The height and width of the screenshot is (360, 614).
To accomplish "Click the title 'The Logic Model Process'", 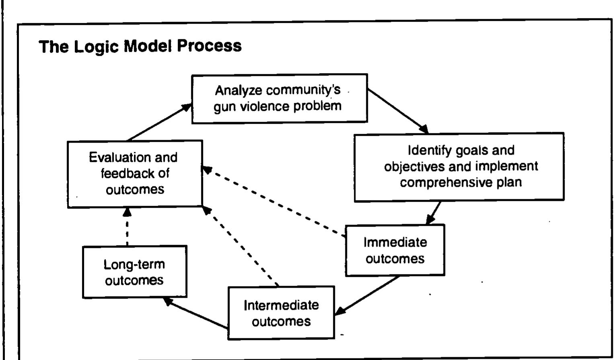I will [x=140, y=46].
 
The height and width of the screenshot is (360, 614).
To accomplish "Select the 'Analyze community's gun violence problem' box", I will [x=279, y=98].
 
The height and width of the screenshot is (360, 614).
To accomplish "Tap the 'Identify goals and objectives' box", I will [x=459, y=167].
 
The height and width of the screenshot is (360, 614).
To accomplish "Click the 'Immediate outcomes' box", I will [x=395, y=250].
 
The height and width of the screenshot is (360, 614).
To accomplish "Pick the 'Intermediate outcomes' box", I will [x=281, y=313].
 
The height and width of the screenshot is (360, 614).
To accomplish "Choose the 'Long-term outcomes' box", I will [x=134, y=272].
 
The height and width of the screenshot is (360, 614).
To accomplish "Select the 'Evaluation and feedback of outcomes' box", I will [x=135, y=174].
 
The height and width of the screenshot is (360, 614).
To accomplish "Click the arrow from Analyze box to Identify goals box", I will [x=398, y=111].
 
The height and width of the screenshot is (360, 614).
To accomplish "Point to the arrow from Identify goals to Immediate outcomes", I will [x=433, y=213].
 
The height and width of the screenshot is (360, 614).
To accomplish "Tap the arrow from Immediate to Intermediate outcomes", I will [x=368, y=295].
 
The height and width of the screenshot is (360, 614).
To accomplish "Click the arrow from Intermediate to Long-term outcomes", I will [x=196, y=313].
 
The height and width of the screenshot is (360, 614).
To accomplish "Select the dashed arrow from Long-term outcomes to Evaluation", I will [x=127, y=227].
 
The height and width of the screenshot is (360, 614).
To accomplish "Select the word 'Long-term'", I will [x=134, y=264].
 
